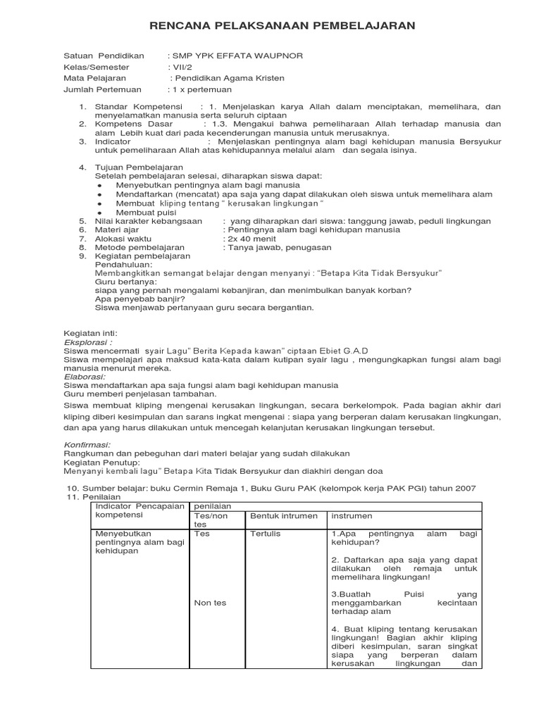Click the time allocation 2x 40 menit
pos(250,239)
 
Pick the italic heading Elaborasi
pos(87,377)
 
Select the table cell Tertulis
pos(265,534)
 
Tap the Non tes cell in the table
pos(209,602)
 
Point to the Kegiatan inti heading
pos(91,332)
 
